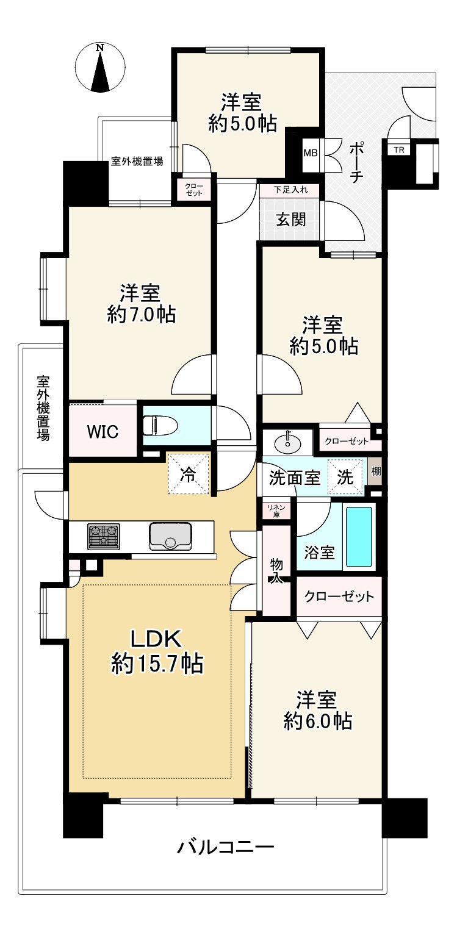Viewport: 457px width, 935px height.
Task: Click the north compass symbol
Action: click(x=100, y=67)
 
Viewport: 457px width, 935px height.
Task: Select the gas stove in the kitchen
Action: click(x=104, y=536)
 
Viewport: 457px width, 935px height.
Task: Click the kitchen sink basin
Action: click(x=170, y=536)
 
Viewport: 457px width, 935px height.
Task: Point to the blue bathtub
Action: click(x=359, y=536)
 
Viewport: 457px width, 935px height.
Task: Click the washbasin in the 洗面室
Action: click(x=288, y=443)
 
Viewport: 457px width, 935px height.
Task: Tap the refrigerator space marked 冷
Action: click(x=189, y=475)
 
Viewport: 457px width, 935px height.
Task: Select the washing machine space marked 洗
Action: click(x=345, y=477)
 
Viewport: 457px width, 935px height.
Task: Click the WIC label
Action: click(x=103, y=431)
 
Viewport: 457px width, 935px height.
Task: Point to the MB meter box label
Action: click(x=311, y=153)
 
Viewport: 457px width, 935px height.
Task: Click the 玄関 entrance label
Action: click(x=291, y=220)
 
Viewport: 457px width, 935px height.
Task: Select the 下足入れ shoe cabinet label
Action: click(x=291, y=190)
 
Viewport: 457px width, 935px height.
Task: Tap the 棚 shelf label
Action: click(x=376, y=471)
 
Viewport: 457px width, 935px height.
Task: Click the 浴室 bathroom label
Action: click(x=319, y=552)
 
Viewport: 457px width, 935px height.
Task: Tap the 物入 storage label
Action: click(x=276, y=570)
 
